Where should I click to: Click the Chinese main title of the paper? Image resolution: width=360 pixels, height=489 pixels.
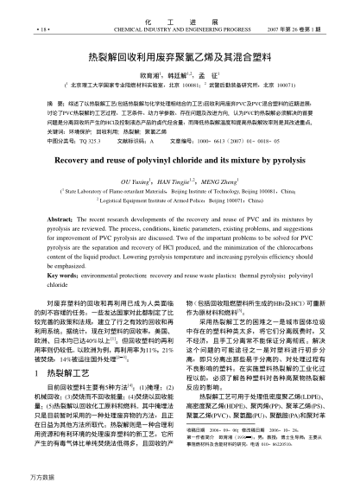coord(179,54)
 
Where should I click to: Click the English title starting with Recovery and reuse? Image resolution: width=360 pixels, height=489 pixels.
coord(179,137)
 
